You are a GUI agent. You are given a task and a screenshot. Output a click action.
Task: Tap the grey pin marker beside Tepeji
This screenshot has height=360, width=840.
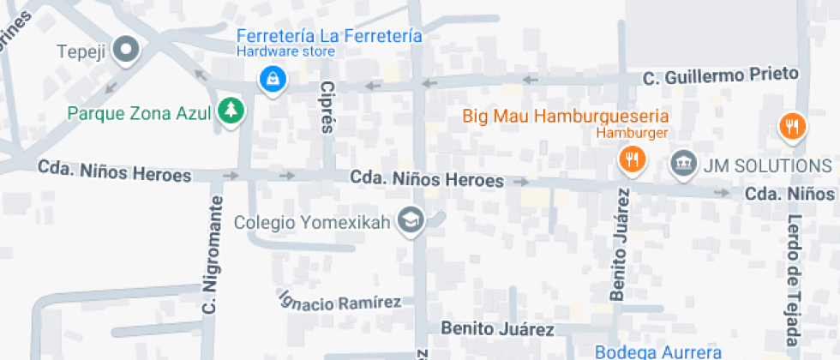127,50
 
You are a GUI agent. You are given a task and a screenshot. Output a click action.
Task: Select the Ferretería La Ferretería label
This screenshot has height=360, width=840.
329,36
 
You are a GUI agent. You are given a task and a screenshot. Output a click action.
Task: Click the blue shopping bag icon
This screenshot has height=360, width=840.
273,80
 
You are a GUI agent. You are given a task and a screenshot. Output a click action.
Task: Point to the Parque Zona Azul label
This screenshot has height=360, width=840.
140,112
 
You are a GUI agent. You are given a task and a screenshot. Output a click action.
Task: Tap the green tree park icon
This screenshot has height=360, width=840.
230,111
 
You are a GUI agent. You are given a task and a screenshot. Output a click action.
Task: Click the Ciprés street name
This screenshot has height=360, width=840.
326,109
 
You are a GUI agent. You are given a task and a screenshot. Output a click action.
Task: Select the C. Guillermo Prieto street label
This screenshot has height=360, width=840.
721,77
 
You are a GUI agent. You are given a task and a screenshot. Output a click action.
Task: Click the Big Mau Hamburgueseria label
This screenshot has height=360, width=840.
566,116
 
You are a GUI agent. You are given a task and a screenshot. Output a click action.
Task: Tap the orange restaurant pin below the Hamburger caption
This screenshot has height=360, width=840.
632,159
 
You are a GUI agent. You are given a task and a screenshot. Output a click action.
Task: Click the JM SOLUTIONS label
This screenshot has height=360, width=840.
766,165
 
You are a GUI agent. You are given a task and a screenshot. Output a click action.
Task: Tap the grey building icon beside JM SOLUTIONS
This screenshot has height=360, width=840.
683,162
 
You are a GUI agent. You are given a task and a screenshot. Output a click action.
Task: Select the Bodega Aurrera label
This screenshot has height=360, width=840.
658,352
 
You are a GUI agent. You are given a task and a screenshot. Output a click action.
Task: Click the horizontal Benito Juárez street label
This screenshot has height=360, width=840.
497,328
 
